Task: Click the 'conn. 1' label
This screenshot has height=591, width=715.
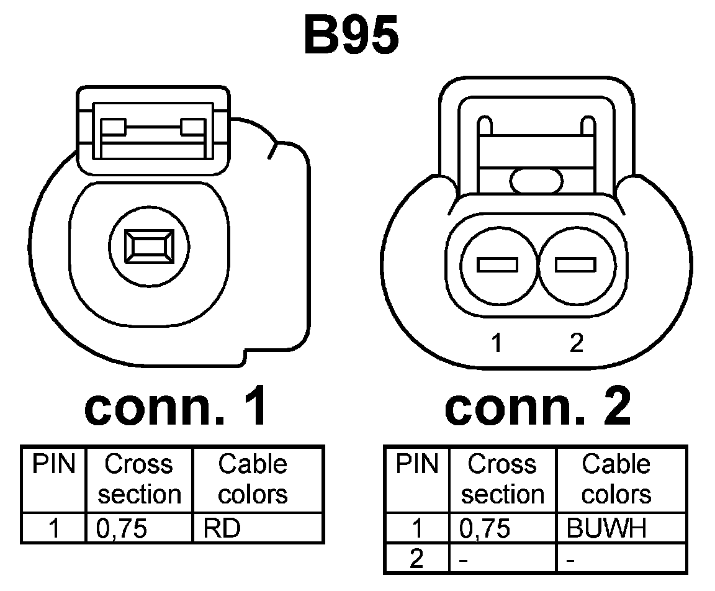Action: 177,407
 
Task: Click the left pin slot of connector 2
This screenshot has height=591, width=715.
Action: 497,265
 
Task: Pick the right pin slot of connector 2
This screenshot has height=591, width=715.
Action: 575,265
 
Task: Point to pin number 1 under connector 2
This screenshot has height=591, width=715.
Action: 496,343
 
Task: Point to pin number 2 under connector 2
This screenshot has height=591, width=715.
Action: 577,343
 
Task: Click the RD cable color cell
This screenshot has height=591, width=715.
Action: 222,528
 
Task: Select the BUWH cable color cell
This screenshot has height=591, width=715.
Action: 606,528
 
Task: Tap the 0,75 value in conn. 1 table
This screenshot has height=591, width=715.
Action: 122,528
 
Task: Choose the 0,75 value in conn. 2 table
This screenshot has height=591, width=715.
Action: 486,528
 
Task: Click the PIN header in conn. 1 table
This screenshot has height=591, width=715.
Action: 53,464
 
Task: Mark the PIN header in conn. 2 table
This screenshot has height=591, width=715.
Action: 416,464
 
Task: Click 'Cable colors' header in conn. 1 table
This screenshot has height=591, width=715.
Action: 253,479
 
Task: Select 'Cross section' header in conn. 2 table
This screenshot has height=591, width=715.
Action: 503,479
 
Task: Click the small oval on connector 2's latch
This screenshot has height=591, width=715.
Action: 536,181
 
